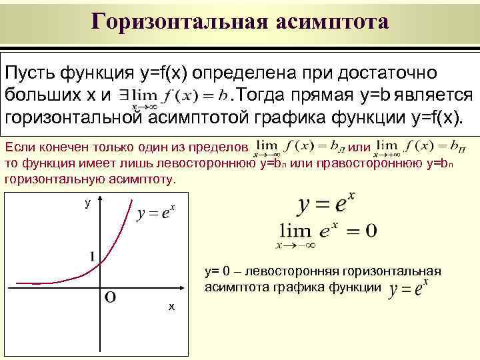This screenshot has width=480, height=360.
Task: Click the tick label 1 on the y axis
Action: pyautogui.click(x=91, y=256)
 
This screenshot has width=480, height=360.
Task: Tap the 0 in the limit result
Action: pyautogui.click(x=370, y=231)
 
